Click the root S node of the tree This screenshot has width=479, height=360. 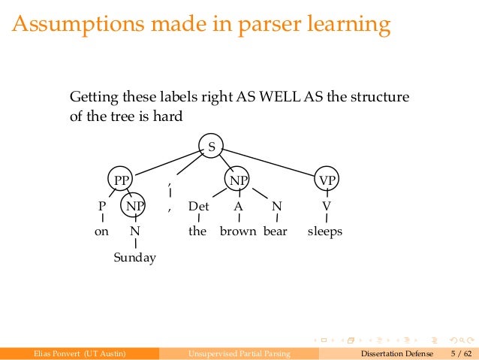211,147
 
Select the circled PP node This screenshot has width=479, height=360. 120,180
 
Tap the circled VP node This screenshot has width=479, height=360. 327,180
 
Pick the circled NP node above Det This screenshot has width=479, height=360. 238,180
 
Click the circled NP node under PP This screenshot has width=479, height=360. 135,206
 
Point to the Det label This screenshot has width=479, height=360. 198,206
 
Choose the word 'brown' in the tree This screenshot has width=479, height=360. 238,231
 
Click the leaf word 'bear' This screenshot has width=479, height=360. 276,231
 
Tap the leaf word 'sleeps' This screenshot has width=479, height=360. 325,231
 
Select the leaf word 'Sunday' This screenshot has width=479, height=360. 135,258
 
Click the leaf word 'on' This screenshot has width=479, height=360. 101,231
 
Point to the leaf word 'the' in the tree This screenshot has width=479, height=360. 197,231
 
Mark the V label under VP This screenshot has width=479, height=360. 326,206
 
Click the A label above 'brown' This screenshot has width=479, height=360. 238,206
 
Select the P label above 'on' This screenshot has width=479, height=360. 102,206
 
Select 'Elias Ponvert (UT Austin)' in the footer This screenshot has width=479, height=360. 74,352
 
